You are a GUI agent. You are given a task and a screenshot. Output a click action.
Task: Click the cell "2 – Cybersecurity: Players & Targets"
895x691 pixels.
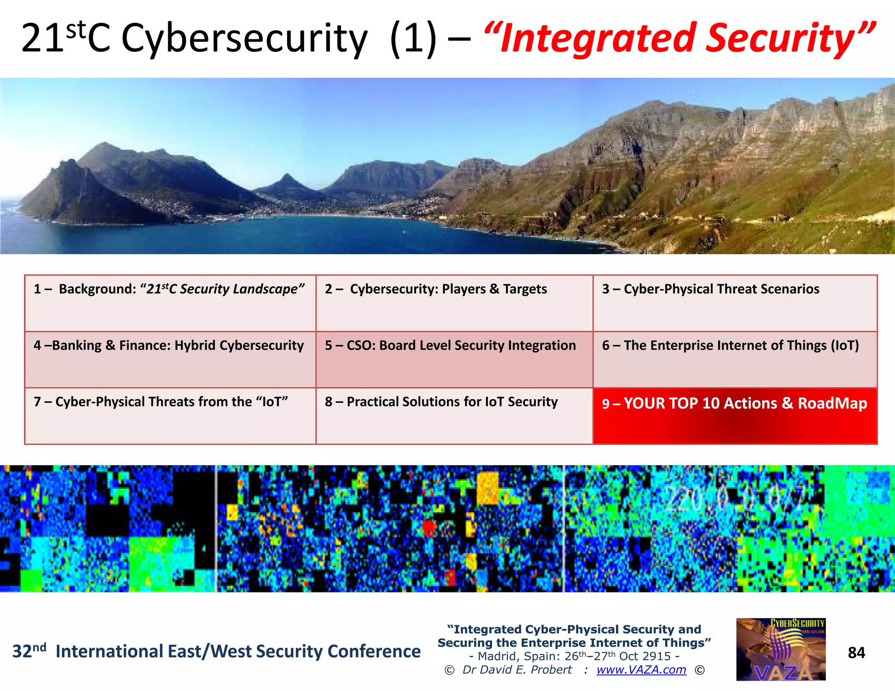tap(454, 303)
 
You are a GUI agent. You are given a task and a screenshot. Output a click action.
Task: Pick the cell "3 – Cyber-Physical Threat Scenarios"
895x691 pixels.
tap(735, 303)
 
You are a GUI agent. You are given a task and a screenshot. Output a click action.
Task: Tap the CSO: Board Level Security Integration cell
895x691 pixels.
tap(454, 359)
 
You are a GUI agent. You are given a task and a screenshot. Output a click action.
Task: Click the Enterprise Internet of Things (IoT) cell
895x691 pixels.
tap(735, 359)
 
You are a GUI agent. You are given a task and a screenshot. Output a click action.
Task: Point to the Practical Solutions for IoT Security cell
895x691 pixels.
tap(454, 415)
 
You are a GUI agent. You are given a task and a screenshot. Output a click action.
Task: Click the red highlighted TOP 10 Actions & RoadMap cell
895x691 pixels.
tap(735, 415)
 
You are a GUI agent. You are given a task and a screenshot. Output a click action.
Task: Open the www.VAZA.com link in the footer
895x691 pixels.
tap(641, 670)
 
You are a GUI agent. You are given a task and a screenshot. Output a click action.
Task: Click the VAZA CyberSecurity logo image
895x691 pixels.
tap(781, 649)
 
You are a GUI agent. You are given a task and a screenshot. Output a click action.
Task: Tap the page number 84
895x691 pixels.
tap(856, 653)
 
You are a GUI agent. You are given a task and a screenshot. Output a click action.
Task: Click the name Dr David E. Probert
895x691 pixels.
tap(517, 670)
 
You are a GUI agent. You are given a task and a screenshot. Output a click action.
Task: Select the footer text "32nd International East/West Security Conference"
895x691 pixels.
tap(216, 651)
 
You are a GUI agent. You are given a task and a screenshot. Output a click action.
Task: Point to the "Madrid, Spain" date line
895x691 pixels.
tap(574, 656)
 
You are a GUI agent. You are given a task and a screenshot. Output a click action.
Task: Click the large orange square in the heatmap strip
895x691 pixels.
tap(488, 488)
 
